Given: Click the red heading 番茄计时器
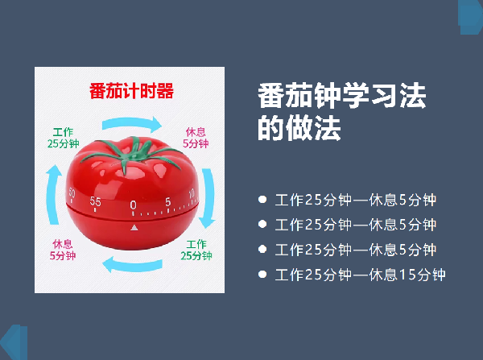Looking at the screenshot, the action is [x=131, y=91].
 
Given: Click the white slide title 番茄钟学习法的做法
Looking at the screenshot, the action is [x=342, y=112].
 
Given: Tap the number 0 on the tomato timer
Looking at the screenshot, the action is [x=133, y=205].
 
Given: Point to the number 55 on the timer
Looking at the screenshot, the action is [x=95, y=201].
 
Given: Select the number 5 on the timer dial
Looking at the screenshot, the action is [x=168, y=202].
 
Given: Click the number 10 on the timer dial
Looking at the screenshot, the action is [x=192, y=193].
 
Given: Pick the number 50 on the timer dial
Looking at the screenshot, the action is [x=72, y=192].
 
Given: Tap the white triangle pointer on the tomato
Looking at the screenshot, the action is [x=134, y=228].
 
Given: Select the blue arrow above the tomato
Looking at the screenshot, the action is [x=131, y=122].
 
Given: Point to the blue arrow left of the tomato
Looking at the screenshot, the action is [x=52, y=194].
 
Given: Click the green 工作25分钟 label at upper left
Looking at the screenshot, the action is [x=63, y=138].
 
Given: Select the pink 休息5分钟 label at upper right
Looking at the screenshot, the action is [x=196, y=138].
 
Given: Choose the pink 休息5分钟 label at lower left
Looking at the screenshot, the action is [x=63, y=250].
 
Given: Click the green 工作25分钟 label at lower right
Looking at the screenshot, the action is [x=196, y=250].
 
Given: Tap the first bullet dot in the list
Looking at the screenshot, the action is [x=262, y=200].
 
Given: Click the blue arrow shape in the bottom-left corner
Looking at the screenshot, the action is [x=14, y=342].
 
